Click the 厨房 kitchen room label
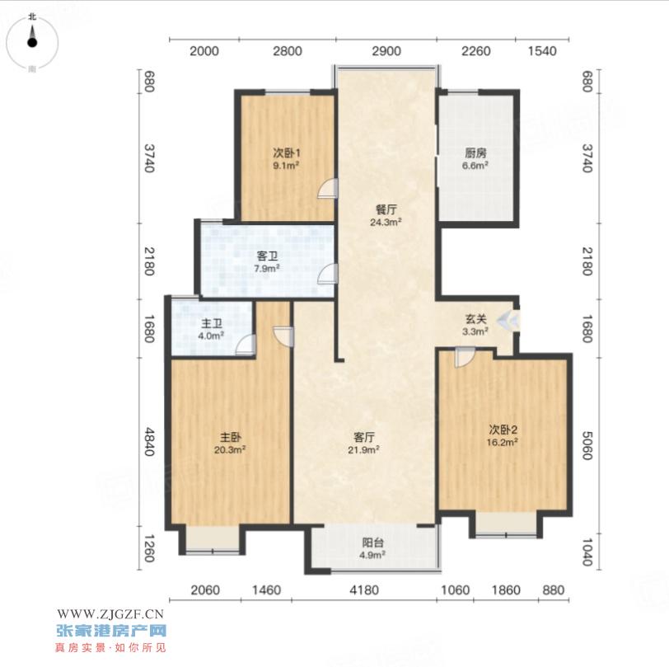pyautogui.click(x=475, y=153)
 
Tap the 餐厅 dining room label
pyautogui.click(x=386, y=209)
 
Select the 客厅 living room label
pyautogui.click(x=364, y=437)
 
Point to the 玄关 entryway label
pyautogui.click(x=475, y=318)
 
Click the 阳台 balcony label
pyautogui.click(x=372, y=543)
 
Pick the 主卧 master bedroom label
pyautogui.click(x=231, y=437)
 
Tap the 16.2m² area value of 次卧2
pyautogui.click(x=503, y=442)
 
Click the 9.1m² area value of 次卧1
pyautogui.click(x=285, y=165)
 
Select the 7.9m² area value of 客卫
pyautogui.click(x=267, y=268)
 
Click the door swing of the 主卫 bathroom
pyautogui.click(x=246, y=345)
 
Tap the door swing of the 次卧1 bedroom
pyautogui.click(x=328, y=188)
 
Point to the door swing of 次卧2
pyautogui.click(x=465, y=357)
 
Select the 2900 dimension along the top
pyautogui.click(x=386, y=51)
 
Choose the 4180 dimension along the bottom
pyautogui.click(x=364, y=590)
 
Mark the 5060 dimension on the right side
pyautogui.click(x=587, y=445)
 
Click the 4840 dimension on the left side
pyautogui.click(x=148, y=442)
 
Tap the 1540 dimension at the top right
pyautogui.click(x=542, y=51)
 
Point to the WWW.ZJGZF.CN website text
pyautogui.click(x=110, y=614)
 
